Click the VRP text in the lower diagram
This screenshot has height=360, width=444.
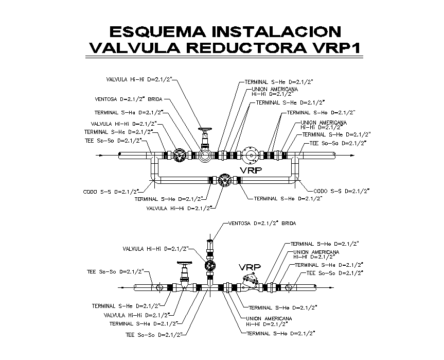pos(249,267)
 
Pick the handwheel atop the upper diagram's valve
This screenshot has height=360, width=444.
pos(205,130)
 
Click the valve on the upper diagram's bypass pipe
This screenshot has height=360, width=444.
pos(224,180)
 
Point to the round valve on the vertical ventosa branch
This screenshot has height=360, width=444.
pos(210,266)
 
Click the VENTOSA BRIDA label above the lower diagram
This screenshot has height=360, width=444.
pos(253,224)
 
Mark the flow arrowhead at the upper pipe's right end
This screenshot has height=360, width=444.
pos(351,155)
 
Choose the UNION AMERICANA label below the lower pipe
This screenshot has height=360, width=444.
pos(269,321)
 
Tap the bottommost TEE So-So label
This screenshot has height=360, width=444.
pos(154,334)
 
